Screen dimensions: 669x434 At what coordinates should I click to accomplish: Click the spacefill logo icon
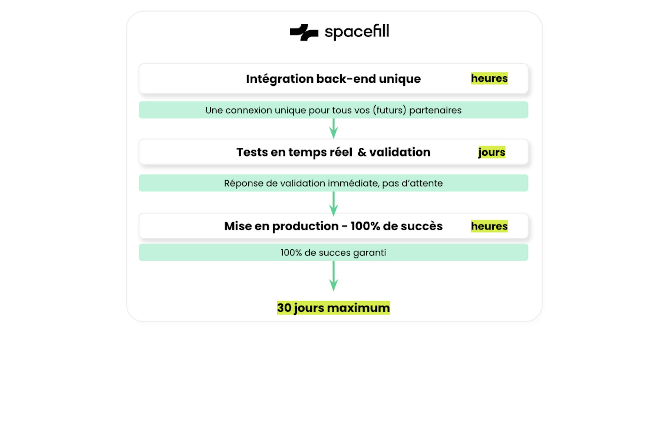point(304,32)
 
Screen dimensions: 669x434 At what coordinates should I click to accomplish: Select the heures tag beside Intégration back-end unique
point(489,78)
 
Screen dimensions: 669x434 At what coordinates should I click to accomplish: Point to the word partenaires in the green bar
point(435,110)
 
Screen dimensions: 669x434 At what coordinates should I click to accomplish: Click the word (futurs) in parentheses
point(390,110)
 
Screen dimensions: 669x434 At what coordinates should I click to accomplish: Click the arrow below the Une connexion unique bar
point(334,128)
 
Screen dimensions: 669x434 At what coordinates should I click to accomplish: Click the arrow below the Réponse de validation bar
point(334,204)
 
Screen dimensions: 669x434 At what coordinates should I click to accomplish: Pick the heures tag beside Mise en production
point(489,226)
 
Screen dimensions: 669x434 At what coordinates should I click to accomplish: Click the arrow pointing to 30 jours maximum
point(334,276)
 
